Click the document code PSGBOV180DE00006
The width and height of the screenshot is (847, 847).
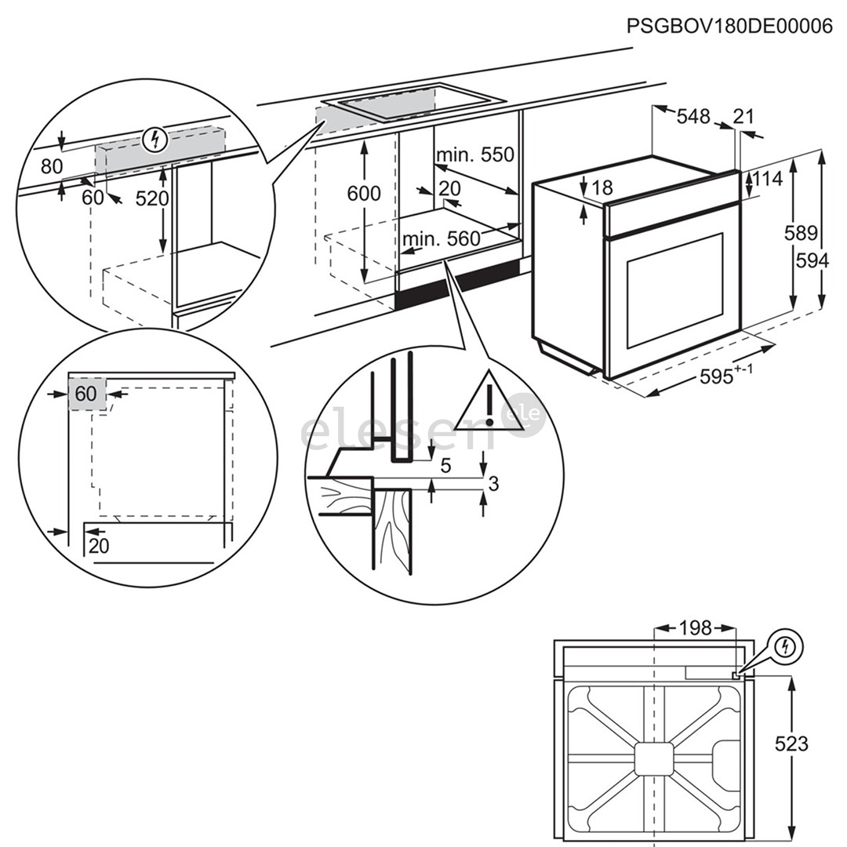(729, 26)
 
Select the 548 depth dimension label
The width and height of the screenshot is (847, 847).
(693, 117)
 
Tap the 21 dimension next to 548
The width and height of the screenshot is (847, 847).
(743, 117)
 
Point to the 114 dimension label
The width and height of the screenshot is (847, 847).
(768, 179)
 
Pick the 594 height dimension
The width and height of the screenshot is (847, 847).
(812, 260)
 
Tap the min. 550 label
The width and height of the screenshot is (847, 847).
(475, 154)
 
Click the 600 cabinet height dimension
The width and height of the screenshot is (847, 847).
(364, 193)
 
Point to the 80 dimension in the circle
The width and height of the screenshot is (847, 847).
(52, 166)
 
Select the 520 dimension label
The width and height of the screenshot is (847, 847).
(152, 198)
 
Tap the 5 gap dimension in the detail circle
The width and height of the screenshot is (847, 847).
(446, 466)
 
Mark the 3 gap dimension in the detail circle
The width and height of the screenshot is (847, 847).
(493, 484)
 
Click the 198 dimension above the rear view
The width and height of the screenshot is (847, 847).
(695, 627)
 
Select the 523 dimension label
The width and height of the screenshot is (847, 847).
(791, 743)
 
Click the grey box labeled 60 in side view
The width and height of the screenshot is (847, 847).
(86, 394)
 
